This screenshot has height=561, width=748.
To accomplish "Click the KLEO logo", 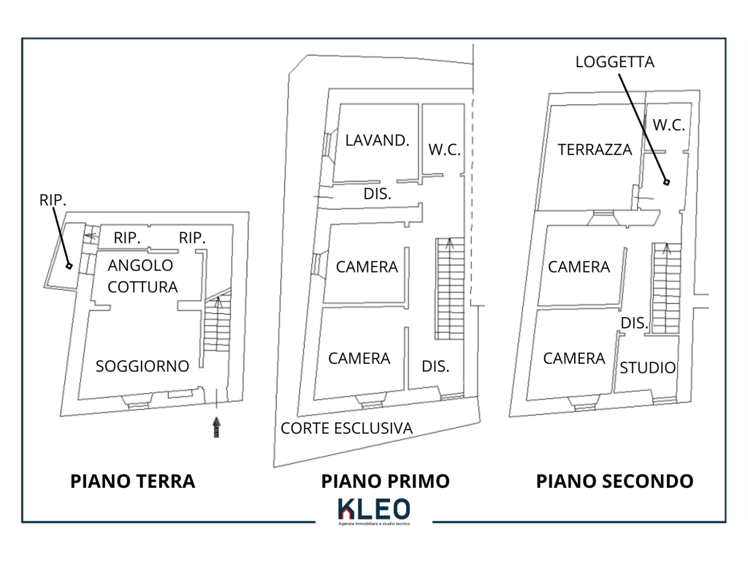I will pos(373,509).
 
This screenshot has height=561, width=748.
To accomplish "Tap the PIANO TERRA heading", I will pos(132,481).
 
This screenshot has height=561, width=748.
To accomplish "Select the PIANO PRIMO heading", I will pos(385,481).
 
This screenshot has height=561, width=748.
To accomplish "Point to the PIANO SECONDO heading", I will pos(614,481).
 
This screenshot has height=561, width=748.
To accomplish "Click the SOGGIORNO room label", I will pos(142,366).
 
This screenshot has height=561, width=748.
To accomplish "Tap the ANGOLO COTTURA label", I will pos(142,275).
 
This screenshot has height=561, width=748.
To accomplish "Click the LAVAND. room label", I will pos(377,140).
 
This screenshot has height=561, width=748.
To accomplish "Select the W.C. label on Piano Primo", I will pos(444,150).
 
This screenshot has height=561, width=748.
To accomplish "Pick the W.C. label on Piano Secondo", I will pos(668,125).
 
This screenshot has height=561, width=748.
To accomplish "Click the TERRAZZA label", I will pos(595,150).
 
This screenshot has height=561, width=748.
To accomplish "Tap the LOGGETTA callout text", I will pos(614,62).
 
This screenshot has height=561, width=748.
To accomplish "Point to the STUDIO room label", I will pos(647,367).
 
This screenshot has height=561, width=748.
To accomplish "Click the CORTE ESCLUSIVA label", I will pos(346,428).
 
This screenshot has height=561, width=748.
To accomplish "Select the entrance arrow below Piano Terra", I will pos(216,427).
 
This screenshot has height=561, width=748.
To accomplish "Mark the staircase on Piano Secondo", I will pos(665,289).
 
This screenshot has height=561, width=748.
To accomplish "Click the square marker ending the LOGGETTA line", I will pos(666,183).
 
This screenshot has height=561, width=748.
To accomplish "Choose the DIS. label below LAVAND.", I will pos(378,194).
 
